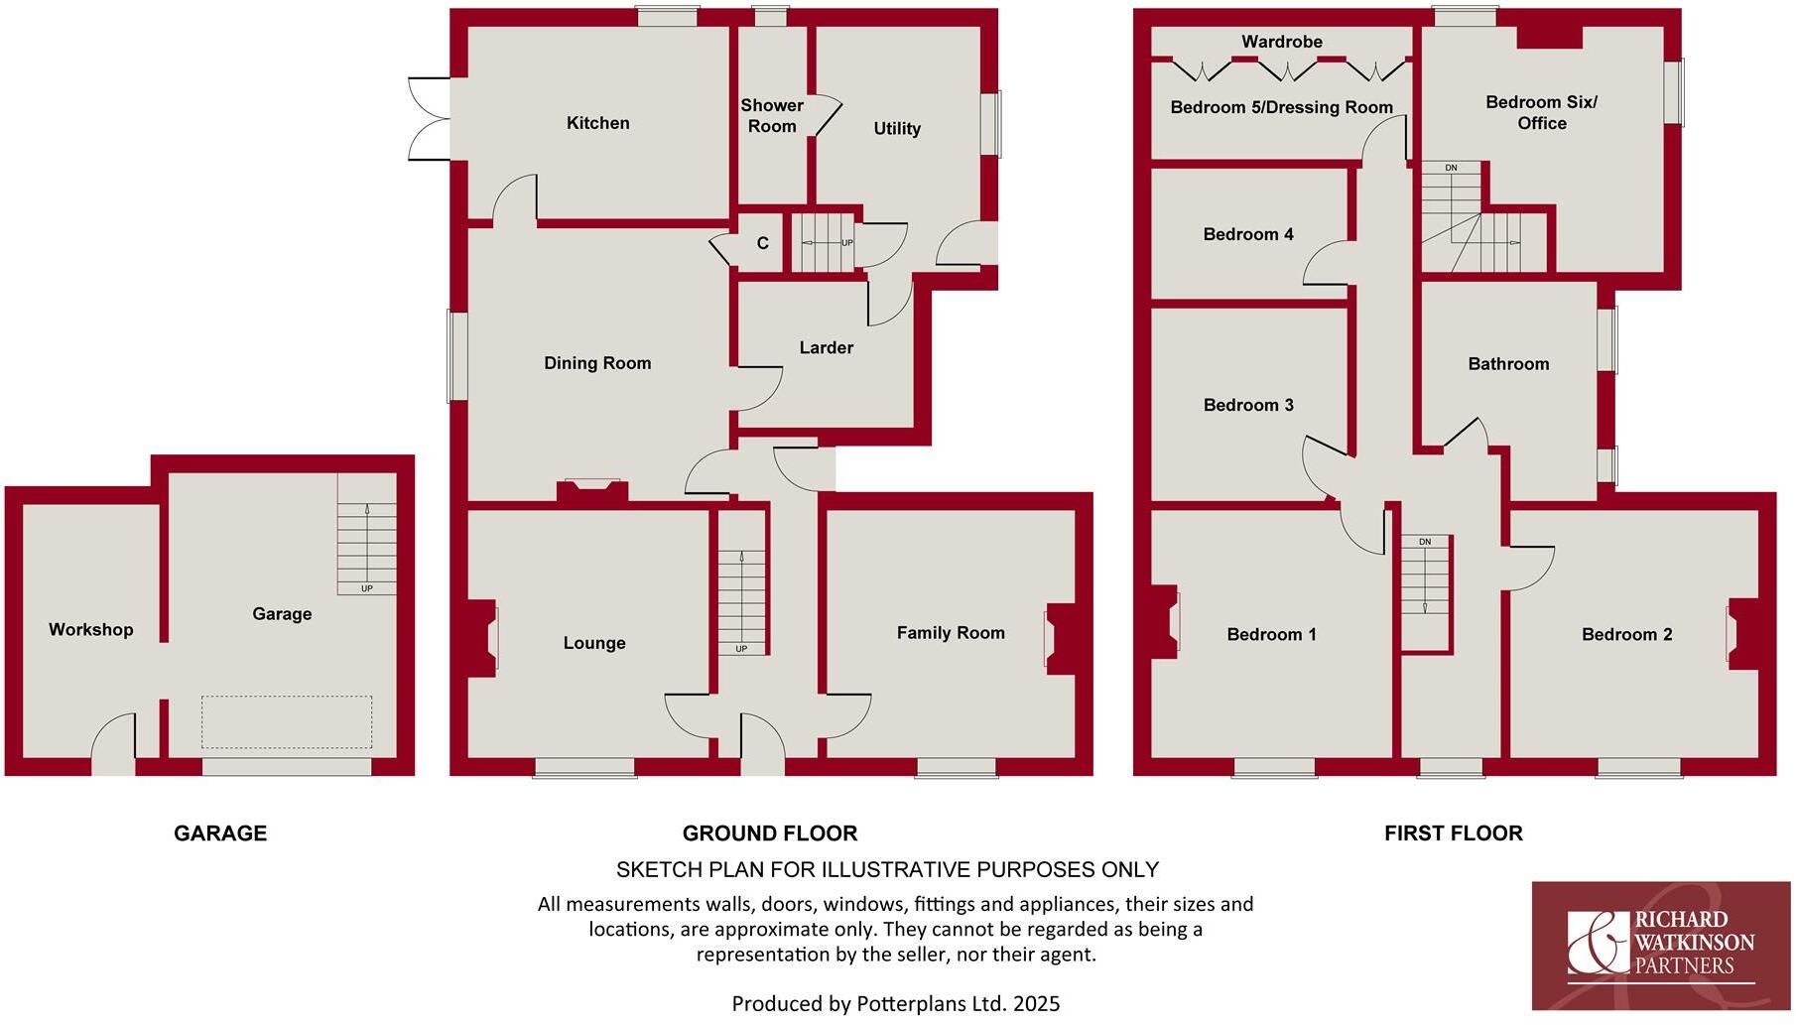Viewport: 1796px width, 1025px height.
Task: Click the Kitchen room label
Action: pos(597,123)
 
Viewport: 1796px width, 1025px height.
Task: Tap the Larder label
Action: pos(826,347)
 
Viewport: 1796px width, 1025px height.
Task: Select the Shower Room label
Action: pos(771,115)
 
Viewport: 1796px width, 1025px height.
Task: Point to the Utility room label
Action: pos(897,128)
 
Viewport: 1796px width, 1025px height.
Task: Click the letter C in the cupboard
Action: pos(762,243)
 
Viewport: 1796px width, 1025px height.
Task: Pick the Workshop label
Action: pos(90,629)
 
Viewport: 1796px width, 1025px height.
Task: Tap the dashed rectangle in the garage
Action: pos(287,721)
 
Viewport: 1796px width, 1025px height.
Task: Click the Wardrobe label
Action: pos(1281,42)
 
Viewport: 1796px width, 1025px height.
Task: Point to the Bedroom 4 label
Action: pos(1247,234)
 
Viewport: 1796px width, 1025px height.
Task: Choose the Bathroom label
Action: pos(1508,364)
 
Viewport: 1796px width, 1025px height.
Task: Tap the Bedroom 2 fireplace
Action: pos(1744,632)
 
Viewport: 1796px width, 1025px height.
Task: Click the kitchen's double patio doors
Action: pos(429,118)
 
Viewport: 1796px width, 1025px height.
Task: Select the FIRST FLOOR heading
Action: pos(1453,833)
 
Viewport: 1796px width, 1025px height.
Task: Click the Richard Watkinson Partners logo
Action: pos(1660,944)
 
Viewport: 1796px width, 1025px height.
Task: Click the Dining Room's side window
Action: pos(456,356)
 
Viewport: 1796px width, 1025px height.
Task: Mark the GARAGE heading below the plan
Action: pos(220,833)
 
